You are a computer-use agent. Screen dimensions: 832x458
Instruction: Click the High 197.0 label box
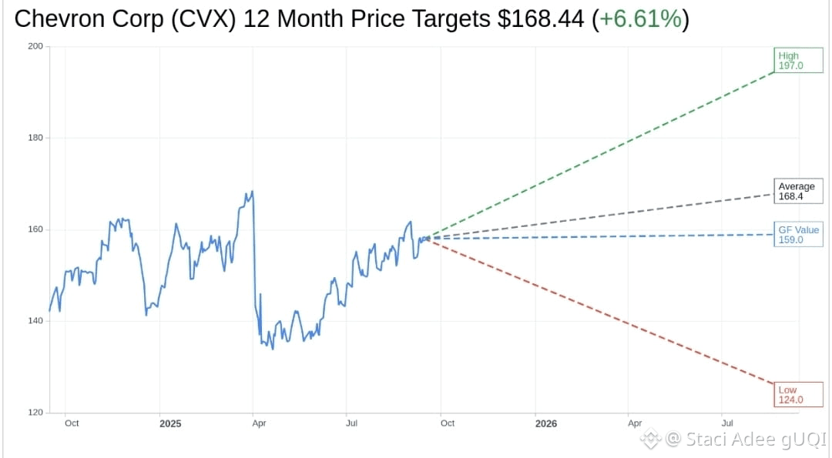(x=798, y=61)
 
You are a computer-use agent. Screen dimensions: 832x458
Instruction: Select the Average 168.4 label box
(x=798, y=191)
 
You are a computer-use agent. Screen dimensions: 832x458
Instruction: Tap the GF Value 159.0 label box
(x=798, y=234)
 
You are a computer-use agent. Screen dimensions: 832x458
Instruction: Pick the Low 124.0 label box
(x=798, y=395)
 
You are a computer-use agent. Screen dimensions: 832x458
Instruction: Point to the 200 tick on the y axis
(x=35, y=46)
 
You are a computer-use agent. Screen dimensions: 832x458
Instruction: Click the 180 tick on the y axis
(x=35, y=138)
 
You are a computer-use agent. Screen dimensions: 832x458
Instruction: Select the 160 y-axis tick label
(x=35, y=229)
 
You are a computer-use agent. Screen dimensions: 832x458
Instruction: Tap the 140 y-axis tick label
(x=35, y=321)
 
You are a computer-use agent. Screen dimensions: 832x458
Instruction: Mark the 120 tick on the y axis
(x=35, y=413)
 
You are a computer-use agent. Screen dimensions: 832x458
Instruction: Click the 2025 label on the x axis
(x=170, y=423)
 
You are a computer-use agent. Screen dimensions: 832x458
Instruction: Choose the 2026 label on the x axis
(x=546, y=423)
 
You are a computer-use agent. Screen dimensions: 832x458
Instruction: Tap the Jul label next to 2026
(x=727, y=423)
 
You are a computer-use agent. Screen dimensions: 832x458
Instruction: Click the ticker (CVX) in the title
(x=203, y=19)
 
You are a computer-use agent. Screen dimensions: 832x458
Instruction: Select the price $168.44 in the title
(x=541, y=19)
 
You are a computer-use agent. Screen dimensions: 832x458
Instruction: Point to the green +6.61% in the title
(x=640, y=19)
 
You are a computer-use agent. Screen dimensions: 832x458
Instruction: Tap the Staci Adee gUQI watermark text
(x=756, y=439)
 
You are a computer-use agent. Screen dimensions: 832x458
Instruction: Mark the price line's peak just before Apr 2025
(x=252, y=192)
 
